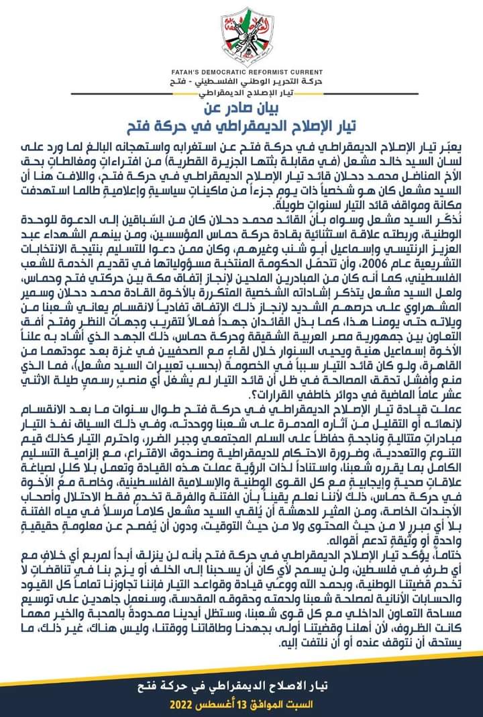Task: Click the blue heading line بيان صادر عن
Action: tap(241, 108)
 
